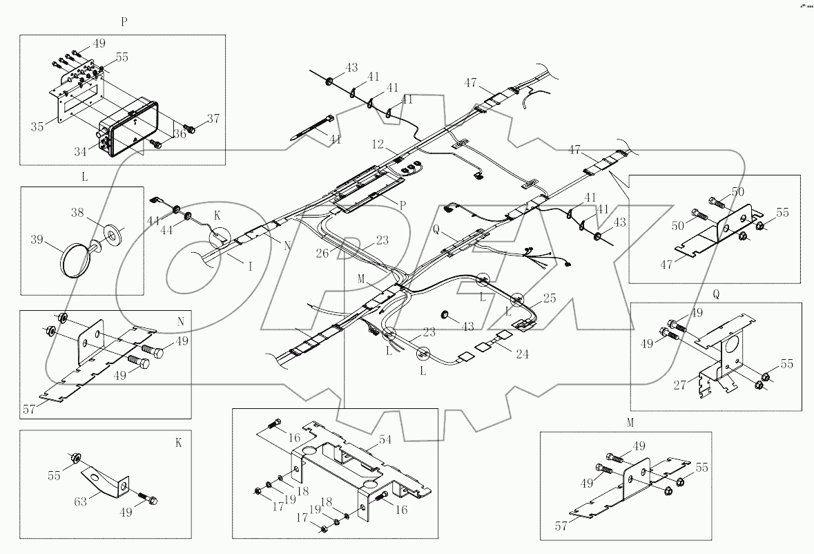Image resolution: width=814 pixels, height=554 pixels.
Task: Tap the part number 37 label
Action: click(x=213, y=119)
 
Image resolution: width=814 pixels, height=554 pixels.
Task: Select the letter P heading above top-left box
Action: click(x=124, y=21)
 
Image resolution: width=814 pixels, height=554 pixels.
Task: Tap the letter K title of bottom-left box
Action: click(x=178, y=443)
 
